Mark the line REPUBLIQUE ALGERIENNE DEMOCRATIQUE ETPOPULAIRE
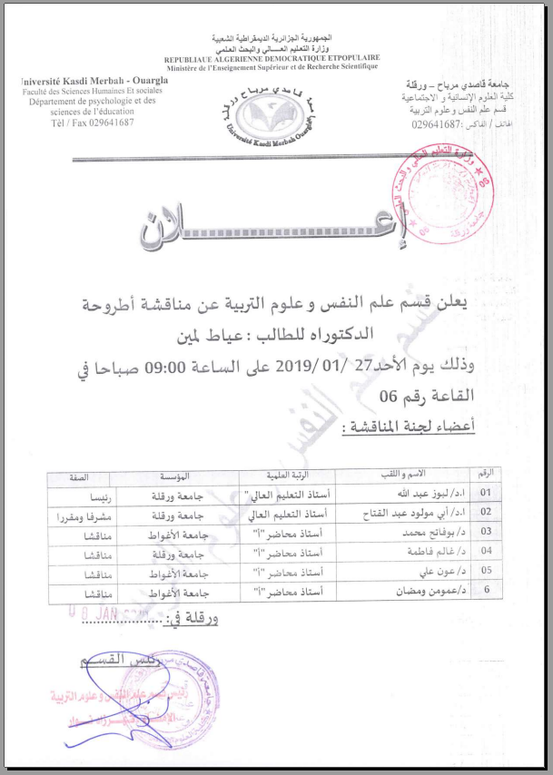[272, 58]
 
